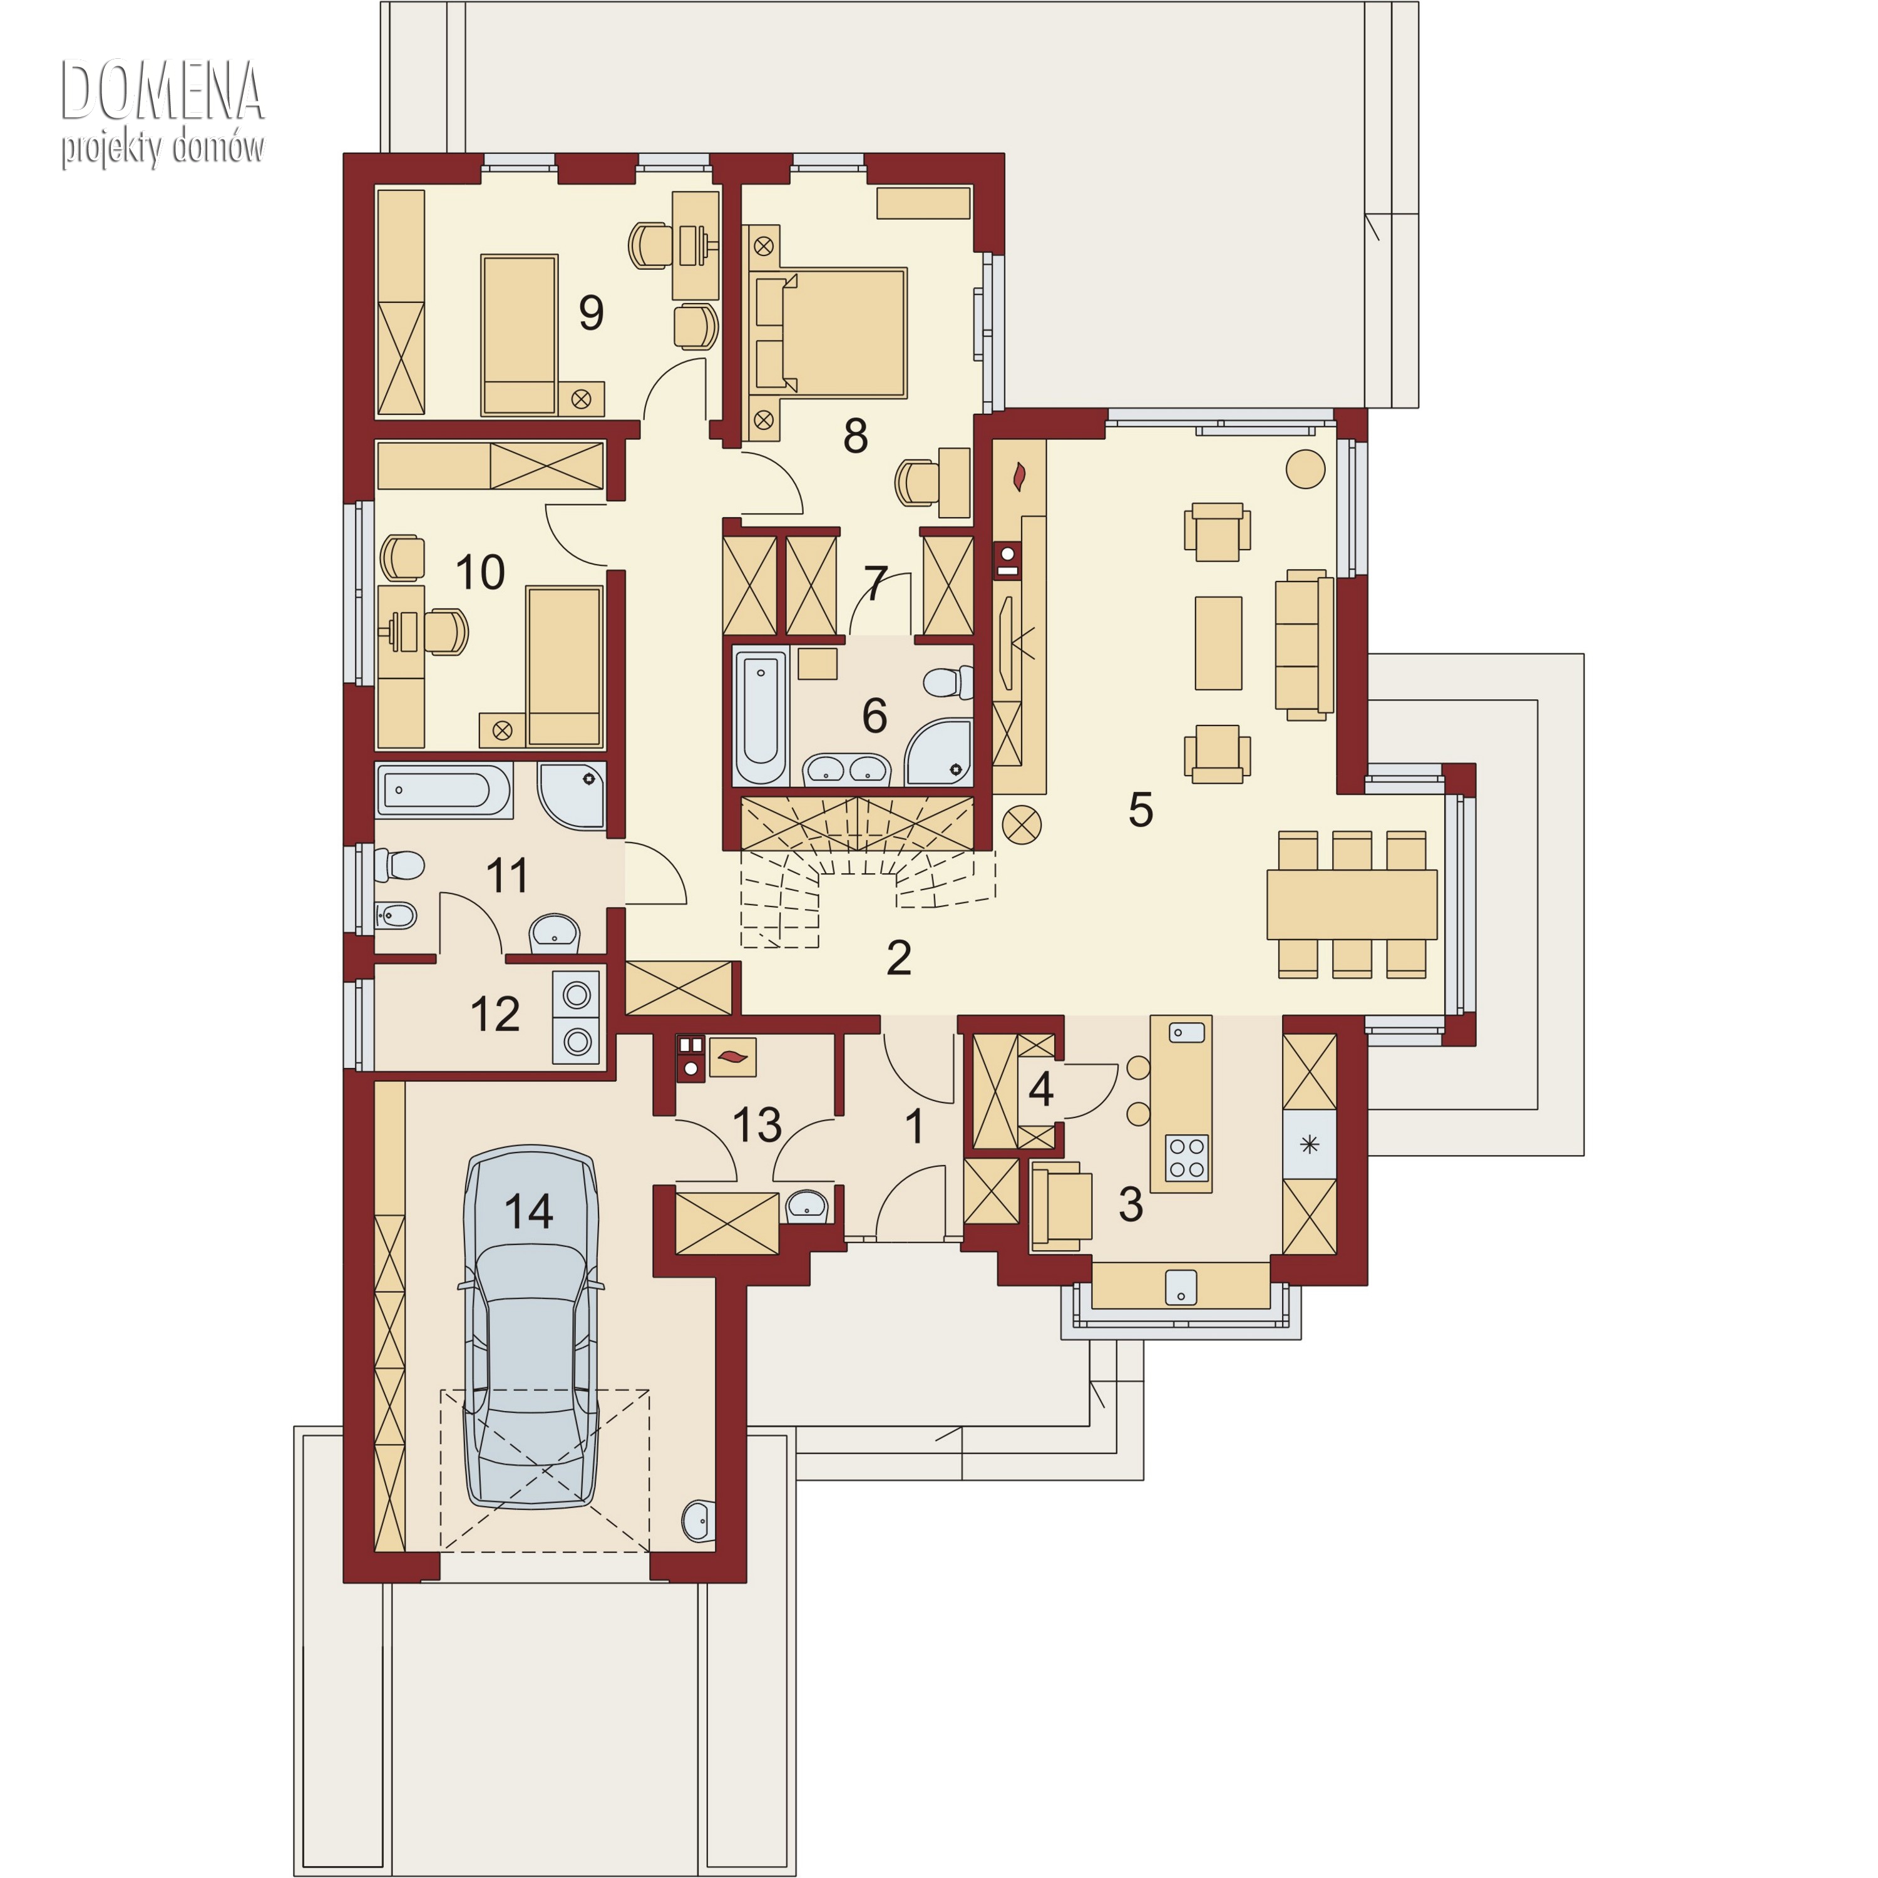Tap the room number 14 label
pyautogui.click(x=529, y=1211)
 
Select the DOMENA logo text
pyautogui.click(x=162, y=90)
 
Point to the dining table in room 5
pyautogui.click(x=1352, y=904)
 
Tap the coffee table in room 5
pyautogui.click(x=1218, y=642)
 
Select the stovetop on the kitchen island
pyautogui.click(x=1187, y=1157)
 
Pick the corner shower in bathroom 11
pyautogui.click(x=573, y=795)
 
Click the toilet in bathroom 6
pyautogui.click(x=948, y=682)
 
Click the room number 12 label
pyautogui.click(x=495, y=1014)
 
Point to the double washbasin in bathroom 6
pyautogui.click(x=846, y=770)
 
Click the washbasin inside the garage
pyautogui.click(x=700, y=1521)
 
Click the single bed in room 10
pyautogui.click(x=564, y=666)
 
